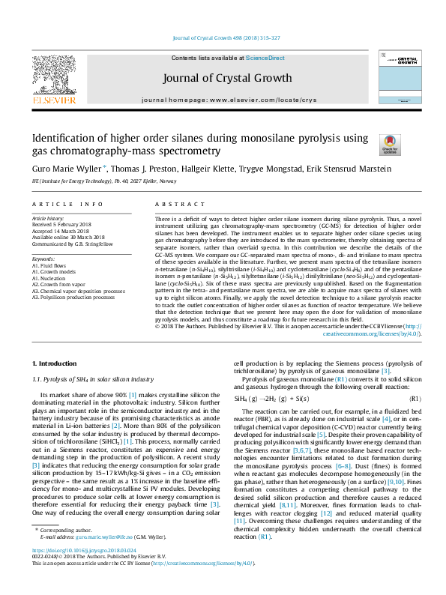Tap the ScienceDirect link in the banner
265,58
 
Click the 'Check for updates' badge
390,144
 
